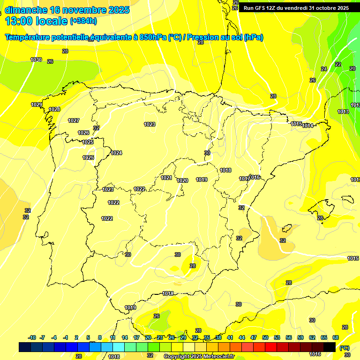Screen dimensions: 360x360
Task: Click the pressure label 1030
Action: (36, 60)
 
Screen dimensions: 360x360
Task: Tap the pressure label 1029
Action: (37, 105)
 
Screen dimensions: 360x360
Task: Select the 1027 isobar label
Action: (74, 120)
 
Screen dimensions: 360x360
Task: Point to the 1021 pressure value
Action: (166, 178)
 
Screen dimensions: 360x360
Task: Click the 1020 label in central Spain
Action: (182, 180)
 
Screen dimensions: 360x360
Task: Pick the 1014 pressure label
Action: (308, 126)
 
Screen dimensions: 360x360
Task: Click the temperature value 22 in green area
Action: (338, 64)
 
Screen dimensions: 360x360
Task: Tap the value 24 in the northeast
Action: (324, 69)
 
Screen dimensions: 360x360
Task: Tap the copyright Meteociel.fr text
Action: (199, 356)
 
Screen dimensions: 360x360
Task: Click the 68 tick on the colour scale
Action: (336, 337)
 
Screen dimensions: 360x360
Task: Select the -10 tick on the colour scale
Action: (32, 337)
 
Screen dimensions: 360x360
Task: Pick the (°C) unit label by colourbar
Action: (345, 347)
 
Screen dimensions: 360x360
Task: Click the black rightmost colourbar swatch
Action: (330, 347)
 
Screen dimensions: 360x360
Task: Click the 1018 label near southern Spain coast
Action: (168, 293)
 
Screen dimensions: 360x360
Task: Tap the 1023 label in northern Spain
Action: (150, 124)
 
